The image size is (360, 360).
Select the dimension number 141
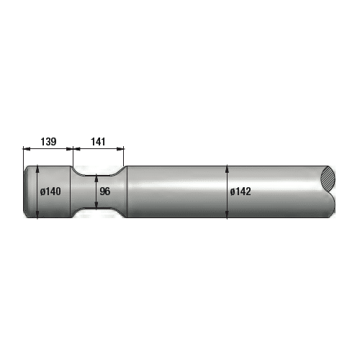[99, 141]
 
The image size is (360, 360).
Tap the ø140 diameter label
[49, 192]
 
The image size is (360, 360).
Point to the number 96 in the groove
[105, 192]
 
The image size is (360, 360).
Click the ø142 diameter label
[240, 192]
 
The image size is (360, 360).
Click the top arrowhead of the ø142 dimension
[228, 168]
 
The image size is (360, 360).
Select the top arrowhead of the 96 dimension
[97, 178]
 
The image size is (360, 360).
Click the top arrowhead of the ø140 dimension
[37, 169]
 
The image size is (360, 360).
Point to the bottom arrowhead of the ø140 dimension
[37, 215]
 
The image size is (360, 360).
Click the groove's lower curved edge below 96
[97, 209]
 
